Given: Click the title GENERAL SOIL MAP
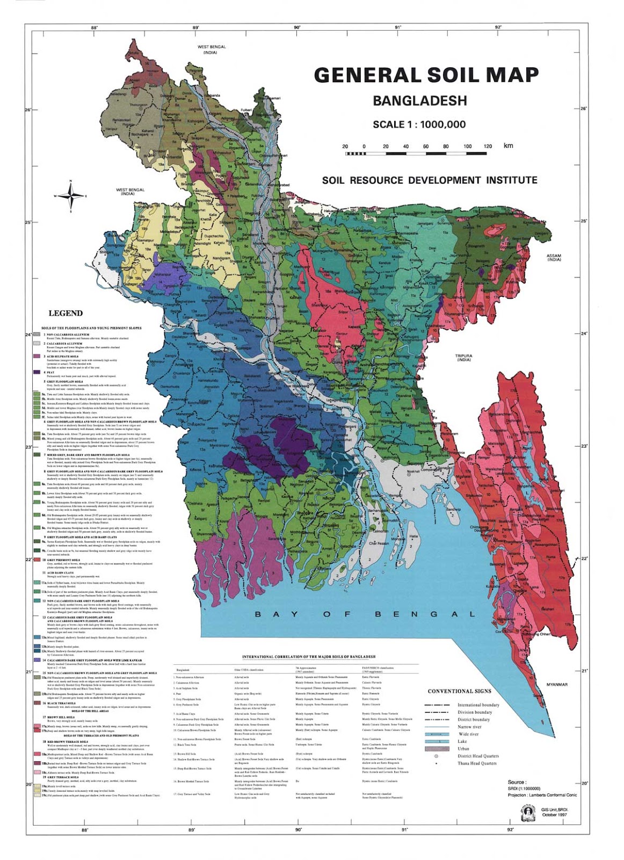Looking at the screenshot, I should pos(426,75).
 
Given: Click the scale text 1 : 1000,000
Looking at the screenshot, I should pos(442,125).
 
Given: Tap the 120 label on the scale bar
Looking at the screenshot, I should pos(487,146).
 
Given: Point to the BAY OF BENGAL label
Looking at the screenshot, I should pos(365,614).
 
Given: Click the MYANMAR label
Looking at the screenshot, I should pos(557,685).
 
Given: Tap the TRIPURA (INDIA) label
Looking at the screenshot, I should pos(463,358).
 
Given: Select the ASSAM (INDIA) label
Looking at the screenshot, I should pos(554,257).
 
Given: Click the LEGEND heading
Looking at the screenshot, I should pos(66,313).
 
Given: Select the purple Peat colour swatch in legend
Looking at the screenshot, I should pos(37,372).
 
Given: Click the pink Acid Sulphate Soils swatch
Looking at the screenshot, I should pos(37,357).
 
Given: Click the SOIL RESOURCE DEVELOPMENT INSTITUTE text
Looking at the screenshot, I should pos(430,181).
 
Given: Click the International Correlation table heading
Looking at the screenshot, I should pos(309,657).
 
